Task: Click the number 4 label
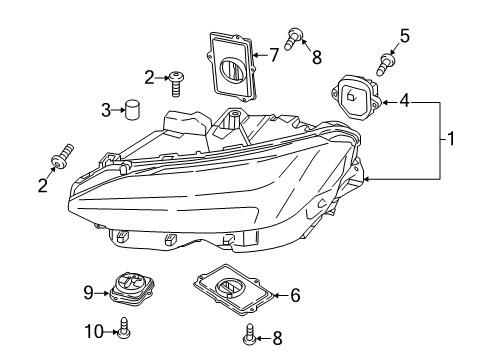coord(404,101)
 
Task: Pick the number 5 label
coord(404,36)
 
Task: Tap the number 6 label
coord(294,295)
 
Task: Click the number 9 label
coord(88,292)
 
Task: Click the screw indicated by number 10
coord(123,328)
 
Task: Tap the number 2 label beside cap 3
coord(148,77)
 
